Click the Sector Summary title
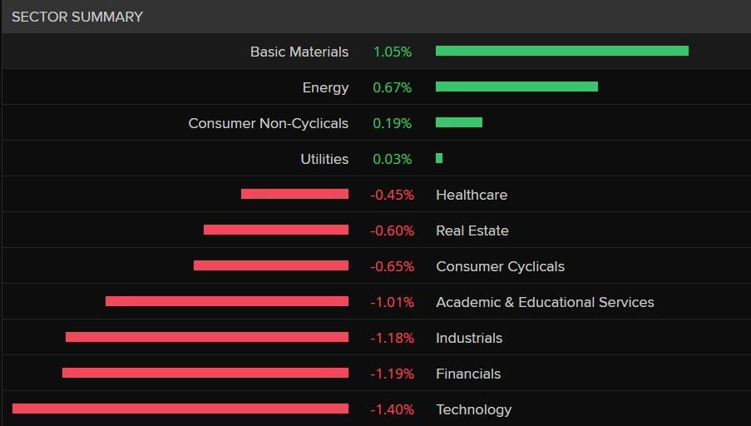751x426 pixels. (x=77, y=17)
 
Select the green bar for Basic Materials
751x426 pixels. (x=561, y=51)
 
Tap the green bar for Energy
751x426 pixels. (x=516, y=87)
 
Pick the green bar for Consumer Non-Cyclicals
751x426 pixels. (x=458, y=122)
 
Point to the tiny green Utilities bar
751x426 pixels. (x=439, y=158)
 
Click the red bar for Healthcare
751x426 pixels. (x=294, y=194)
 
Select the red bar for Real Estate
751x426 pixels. (x=275, y=230)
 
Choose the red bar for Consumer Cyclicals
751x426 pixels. (x=270, y=265)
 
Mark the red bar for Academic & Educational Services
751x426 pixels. (x=226, y=301)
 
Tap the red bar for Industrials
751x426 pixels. (x=206, y=337)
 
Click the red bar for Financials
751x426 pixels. (x=205, y=373)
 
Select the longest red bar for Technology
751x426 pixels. (x=180, y=409)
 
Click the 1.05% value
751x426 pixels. (x=392, y=52)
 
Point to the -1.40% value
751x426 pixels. (x=392, y=409)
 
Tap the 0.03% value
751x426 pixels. (x=392, y=159)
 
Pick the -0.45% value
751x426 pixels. (x=392, y=195)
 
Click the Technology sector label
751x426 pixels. (x=473, y=409)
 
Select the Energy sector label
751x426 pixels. (x=325, y=87)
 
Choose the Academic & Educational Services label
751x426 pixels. (x=545, y=302)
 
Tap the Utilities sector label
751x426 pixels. (x=324, y=159)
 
